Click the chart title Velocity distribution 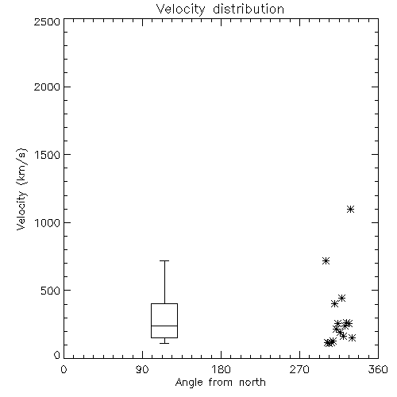[x=220, y=10]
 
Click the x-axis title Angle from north [x=220, y=383]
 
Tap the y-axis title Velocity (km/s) [x=21, y=189]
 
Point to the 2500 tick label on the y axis [x=47, y=21]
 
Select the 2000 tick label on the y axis [x=47, y=87]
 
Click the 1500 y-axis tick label [x=48, y=155]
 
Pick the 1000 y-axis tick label [x=48, y=222]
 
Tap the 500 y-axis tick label [x=51, y=291]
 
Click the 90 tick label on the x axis [x=142, y=369]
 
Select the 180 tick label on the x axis [x=221, y=369]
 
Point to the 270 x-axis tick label [x=299, y=369]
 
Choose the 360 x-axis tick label [x=378, y=369]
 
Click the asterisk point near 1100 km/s [x=350, y=210]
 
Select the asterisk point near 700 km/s [x=326, y=261]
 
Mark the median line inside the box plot [x=164, y=326]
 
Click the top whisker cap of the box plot [x=164, y=261]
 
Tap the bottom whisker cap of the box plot [x=164, y=343]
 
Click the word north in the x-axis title [x=252, y=382]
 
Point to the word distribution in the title [x=249, y=9]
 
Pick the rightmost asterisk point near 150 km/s [x=352, y=337]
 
